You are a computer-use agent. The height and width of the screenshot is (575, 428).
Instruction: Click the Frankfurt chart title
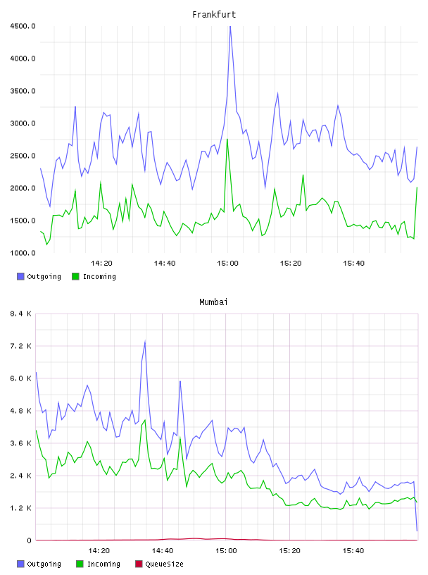click(x=214, y=14)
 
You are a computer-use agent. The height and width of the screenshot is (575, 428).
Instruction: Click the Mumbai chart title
click(x=213, y=302)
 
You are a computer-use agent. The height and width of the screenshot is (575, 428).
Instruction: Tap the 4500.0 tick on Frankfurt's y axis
click(x=23, y=26)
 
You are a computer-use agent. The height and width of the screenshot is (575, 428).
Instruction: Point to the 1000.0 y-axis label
click(x=23, y=253)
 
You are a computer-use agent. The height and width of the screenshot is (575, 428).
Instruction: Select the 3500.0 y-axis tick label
click(x=23, y=91)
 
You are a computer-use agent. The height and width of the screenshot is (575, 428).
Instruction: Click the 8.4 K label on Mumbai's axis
click(x=20, y=314)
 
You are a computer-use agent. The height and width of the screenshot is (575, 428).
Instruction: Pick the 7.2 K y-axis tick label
click(x=20, y=346)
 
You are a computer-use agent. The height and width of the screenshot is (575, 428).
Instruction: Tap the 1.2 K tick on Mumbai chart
click(x=20, y=508)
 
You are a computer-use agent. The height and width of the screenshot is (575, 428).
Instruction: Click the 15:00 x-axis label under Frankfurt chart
click(x=227, y=263)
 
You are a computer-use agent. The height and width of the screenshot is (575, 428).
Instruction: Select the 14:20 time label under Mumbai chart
click(x=99, y=550)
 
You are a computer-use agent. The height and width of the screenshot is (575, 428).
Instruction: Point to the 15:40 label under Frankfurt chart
click(x=353, y=263)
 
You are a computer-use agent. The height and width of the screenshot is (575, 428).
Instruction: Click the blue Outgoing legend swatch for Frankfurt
click(x=20, y=276)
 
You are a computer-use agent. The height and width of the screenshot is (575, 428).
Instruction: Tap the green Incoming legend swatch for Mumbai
click(x=80, y=564)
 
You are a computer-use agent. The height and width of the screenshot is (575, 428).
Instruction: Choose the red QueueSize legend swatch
click(x=139, y=564)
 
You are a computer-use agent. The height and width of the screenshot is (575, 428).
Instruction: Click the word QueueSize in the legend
click(x=164, y=564)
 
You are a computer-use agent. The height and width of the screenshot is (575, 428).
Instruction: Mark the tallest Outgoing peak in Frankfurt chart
click(x=230, y=27)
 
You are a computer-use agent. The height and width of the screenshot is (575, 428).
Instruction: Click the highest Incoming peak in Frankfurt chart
click(x=227, y=140)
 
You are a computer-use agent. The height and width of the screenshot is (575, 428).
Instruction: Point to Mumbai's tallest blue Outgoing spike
click(x=145, y=342)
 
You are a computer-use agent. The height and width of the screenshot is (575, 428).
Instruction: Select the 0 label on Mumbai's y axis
click(x=29, y=540)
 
